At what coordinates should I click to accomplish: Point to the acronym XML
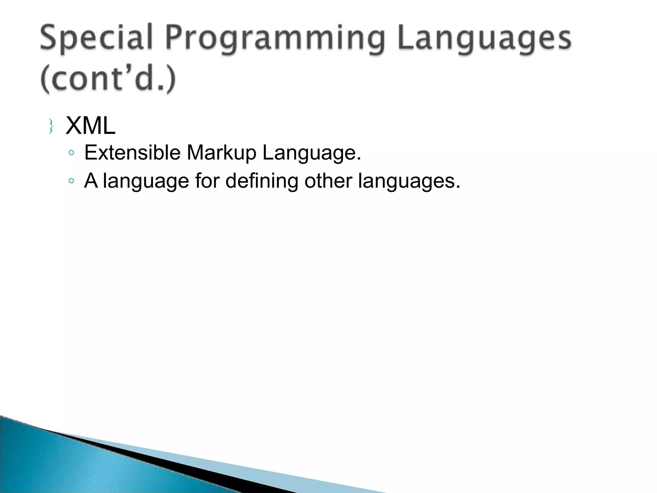(x=90, y=126)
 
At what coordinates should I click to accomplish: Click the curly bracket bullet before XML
(x=51, y=126)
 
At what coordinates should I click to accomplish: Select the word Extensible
(x=132, y=152)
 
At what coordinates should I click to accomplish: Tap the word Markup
(x=222, y=152)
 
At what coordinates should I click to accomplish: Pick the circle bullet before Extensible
(x=71, y=153)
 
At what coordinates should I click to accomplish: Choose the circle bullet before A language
(x=71, y=181)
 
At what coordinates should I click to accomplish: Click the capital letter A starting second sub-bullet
(x=91, y=180)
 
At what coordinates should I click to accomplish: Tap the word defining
(x=262, y=181)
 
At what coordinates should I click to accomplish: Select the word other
(x=328, y=180)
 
